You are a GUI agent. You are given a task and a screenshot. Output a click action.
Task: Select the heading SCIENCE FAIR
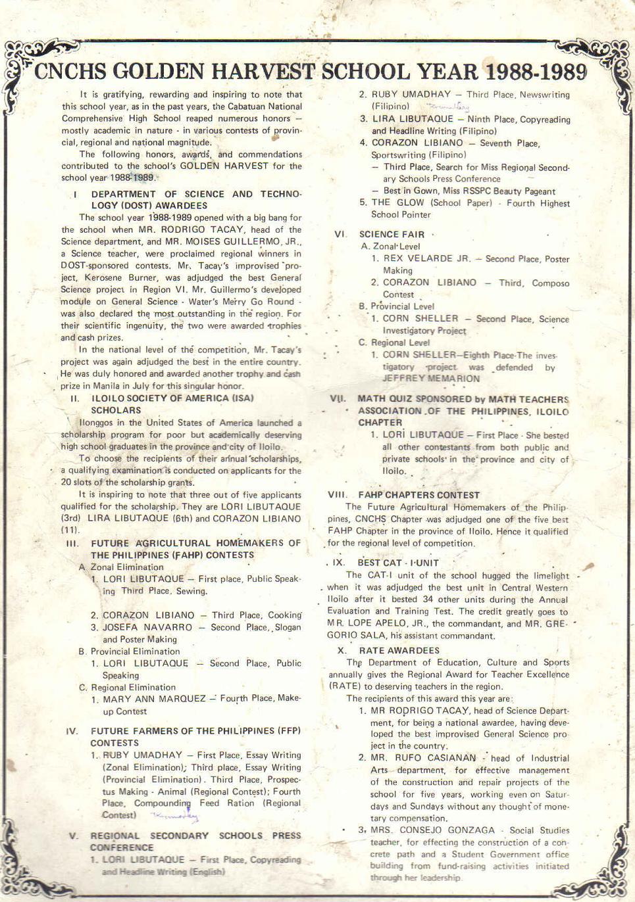point(392,234)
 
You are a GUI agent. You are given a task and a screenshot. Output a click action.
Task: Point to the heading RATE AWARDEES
point(399,650)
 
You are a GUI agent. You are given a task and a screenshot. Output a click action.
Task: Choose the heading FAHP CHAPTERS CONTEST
point(419,494)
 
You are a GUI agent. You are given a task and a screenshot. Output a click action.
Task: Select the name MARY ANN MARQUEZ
point(154,699)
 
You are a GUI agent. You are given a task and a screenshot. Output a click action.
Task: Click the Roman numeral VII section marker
point(338,399)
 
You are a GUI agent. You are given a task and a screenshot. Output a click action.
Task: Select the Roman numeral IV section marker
point(72,731)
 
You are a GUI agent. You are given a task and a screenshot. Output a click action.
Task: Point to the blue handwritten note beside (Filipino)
point(447,106)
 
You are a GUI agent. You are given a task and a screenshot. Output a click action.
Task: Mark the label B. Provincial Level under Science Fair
point(396,306)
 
